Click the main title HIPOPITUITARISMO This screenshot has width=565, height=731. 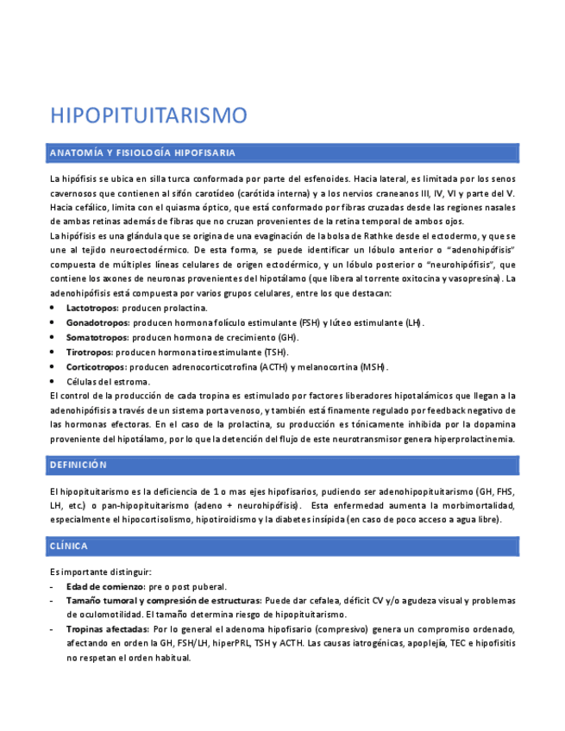pyautogui.click(x=148, y=116)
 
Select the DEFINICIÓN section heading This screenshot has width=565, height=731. pyautogui.click(x=78, y=465)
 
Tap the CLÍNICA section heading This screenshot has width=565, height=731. pyautogui.click(x=69, y=546)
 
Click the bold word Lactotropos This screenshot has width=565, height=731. pyautogui.click(x=92, y=308)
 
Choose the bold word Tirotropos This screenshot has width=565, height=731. pyautogui.click(x=90, y=352)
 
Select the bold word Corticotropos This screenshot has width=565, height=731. pyautogui.click(x=97, y=366)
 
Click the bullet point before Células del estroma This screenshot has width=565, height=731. pyautogui.click(x=53, y=381)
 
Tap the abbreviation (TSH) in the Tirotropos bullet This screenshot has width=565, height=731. pyautogui.click(x=276, y=352)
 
